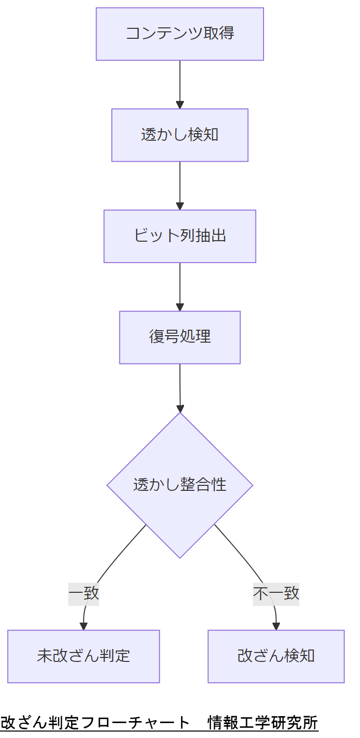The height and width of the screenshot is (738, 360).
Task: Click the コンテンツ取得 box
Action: pos(180,34)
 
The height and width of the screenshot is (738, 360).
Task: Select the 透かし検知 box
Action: pos(180,135)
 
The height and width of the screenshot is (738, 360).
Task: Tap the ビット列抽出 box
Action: pos(180,236)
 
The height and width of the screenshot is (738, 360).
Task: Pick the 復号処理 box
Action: pos(180,337)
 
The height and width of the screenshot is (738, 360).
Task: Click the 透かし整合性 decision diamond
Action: pos(180,485)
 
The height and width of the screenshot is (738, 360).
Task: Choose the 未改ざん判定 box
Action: pos(84,656)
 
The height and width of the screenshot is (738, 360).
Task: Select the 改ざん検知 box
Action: pos(276,656)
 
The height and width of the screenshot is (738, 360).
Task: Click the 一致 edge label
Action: pos(84,593)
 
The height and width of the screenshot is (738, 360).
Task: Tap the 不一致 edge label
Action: pos(276,593)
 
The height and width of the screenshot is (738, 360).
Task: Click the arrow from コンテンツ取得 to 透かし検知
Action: pos(180,82)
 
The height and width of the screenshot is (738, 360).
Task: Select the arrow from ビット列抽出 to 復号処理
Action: pos(180,284)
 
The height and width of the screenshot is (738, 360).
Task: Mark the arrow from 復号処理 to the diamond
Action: pos(180,385)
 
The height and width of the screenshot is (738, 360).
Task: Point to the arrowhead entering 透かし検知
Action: pos(180,105)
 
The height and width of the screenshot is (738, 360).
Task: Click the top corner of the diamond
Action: pos(180,413)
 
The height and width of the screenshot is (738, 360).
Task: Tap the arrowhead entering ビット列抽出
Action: pos(180,206)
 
